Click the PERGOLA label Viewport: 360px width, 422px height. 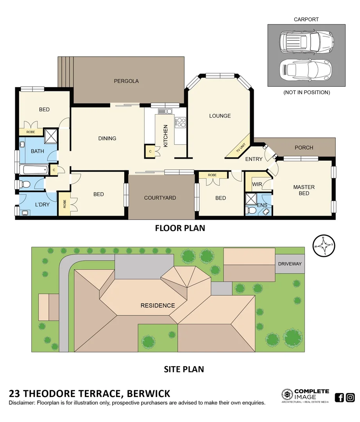(x=126, y=81)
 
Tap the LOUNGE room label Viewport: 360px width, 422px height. (x=220, y=116)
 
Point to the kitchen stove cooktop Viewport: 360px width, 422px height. (x=181, y=122)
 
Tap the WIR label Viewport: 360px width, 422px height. (x=256, y=184)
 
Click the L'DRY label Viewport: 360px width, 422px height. (x=42, y=204)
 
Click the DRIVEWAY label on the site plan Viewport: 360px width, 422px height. (x=290, y=264)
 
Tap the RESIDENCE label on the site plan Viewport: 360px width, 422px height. (x=158, y=305)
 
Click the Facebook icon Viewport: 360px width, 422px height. (x=340, y=397)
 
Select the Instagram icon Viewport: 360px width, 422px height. (x=350, y=397)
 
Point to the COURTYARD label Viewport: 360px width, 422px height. (x=160, y=198)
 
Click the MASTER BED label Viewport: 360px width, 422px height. (x=304, y=190)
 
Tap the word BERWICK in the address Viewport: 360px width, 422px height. (x=149, y=393)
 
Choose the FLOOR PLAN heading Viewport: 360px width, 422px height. (x=180, y=228)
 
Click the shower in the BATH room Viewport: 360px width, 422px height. (x=50, y=135)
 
